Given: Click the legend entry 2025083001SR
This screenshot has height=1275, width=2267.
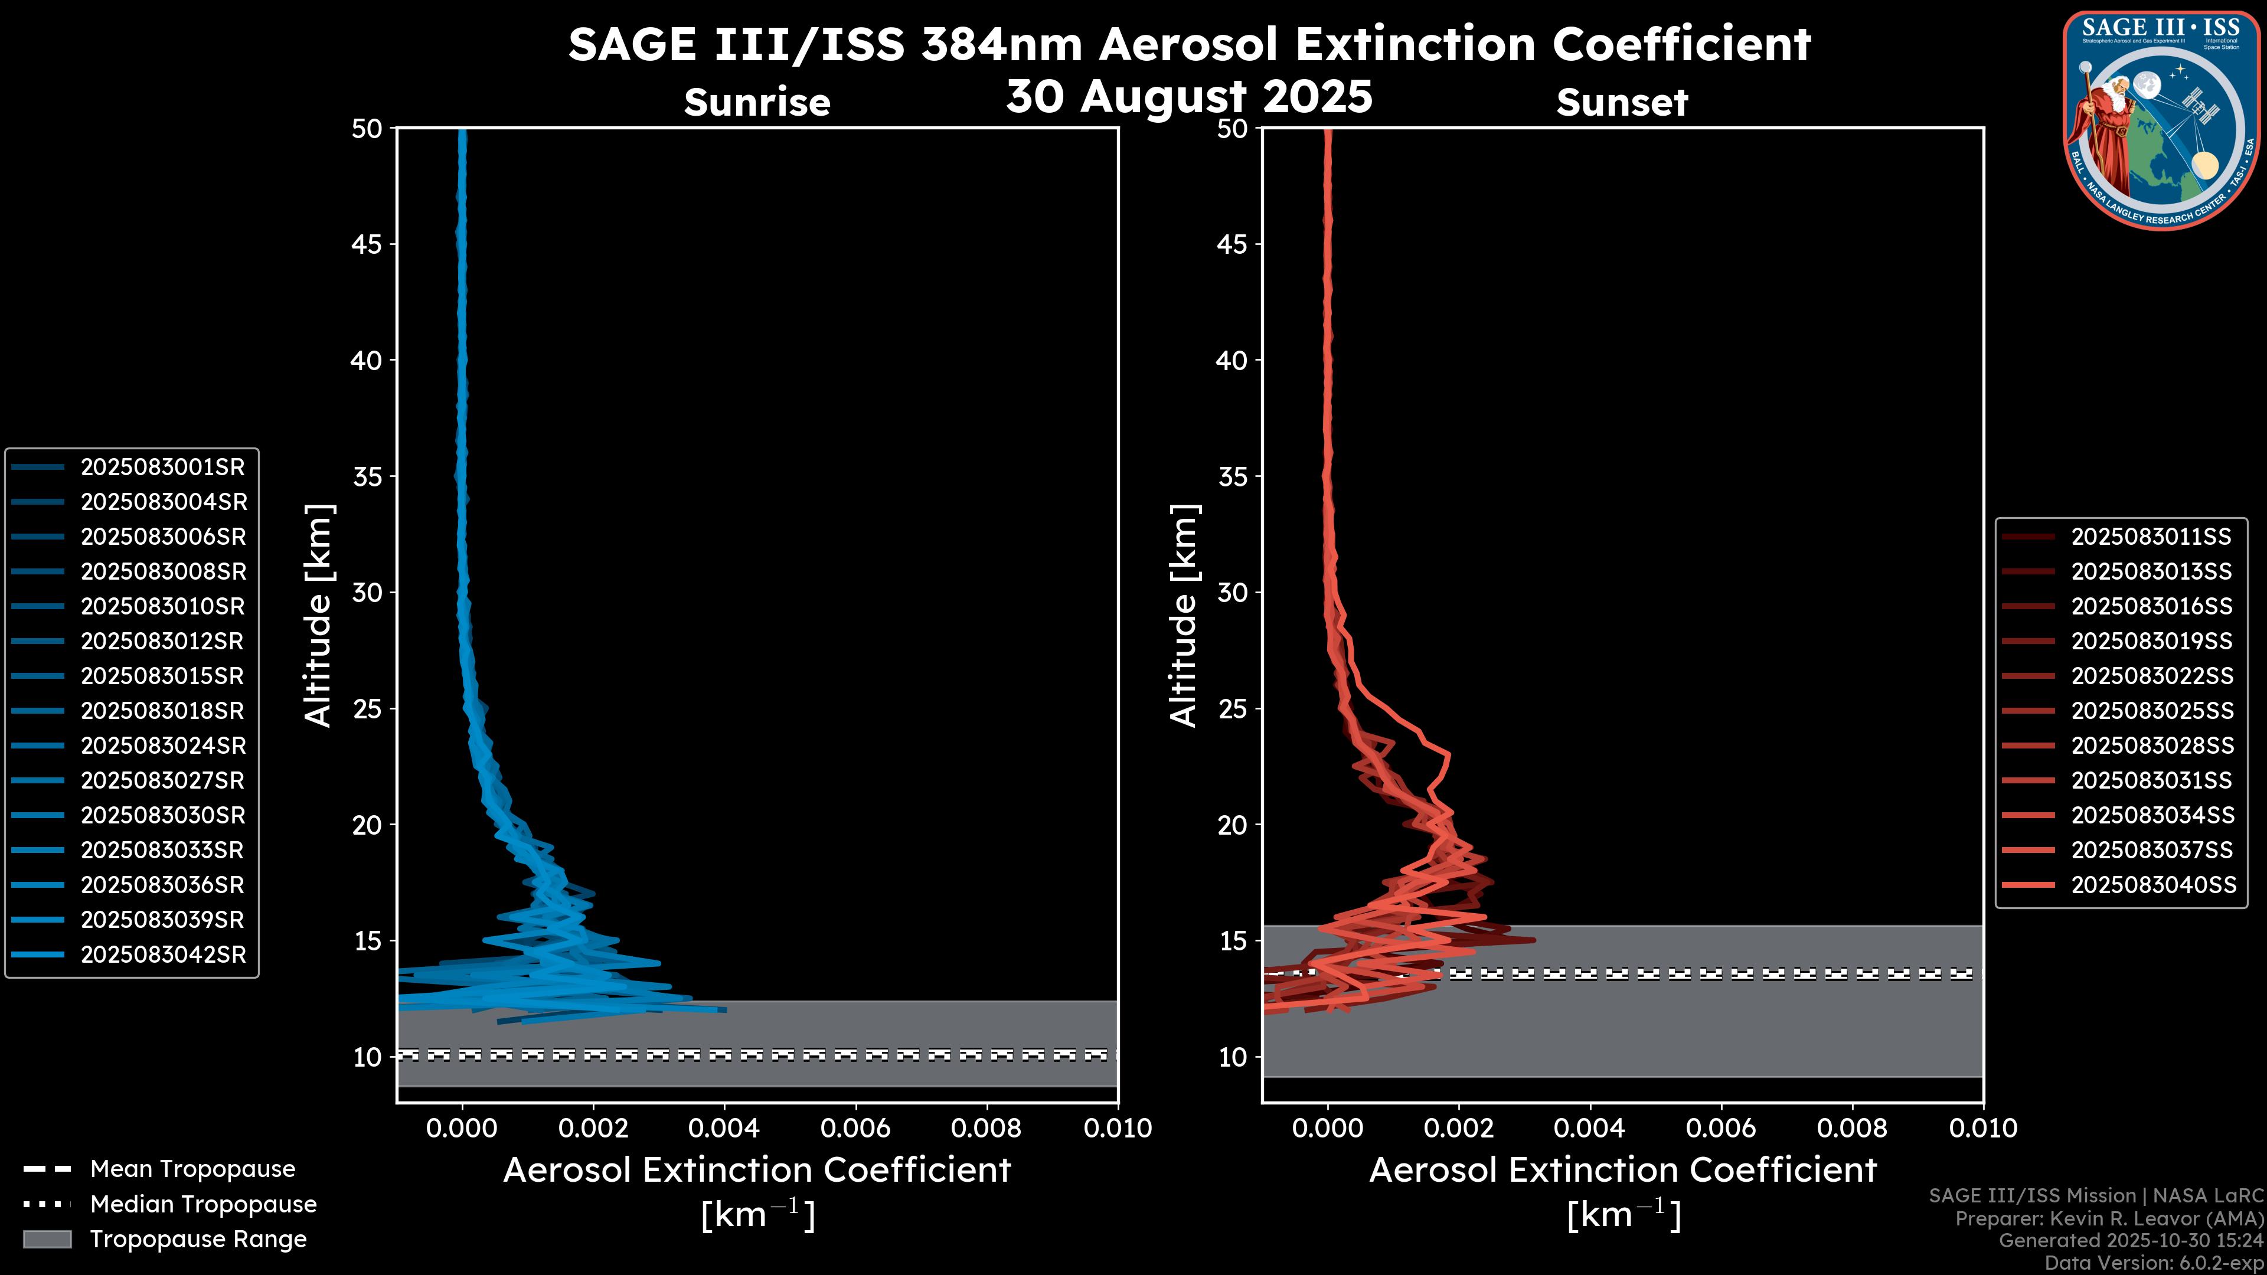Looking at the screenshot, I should pyautogui.click(x=163, y=467).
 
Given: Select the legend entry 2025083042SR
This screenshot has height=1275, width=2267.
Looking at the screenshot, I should pyautogui.click(x=163, y=954).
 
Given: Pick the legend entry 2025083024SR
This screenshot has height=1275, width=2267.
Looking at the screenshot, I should pyautogui.click(x=163, y=746).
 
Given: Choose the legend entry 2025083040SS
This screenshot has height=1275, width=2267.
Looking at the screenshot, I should pyautogui.click(x=2152, y=885).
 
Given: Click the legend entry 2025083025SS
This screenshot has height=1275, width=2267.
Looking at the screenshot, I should pyautogui.click(x=2152, y=711).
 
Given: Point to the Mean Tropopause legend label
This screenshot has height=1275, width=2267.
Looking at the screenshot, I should pyautogui.click(x=192, y=1169).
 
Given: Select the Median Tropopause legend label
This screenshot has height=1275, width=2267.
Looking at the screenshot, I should pyautogui.click(x=202, y=1205).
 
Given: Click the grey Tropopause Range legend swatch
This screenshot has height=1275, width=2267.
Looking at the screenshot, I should pyautogui.click(x=47, y=1240).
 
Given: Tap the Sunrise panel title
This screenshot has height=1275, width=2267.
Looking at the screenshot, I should pyautogui.click(x=757, y=103).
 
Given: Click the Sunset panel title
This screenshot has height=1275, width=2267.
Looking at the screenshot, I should pyautogui.click(x=1622, y=103).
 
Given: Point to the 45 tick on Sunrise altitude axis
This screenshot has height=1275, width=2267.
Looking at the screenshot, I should pyautogui.click(x=366, y=244).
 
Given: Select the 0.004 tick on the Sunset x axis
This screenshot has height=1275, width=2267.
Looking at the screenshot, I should pyautogui.click(x=1589, y=1128).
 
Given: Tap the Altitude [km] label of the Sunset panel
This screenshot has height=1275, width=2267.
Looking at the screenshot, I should pyautogui.click(x=1184, y=616).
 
